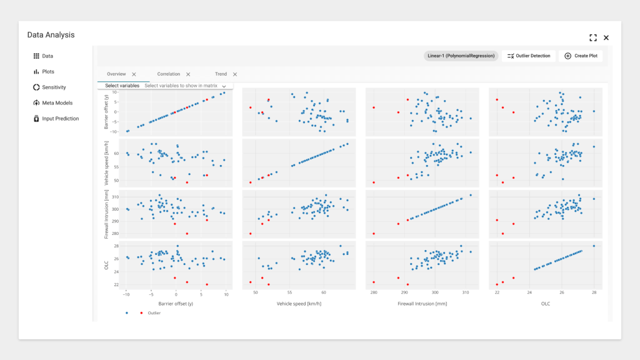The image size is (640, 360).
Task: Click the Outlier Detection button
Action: [529, 56]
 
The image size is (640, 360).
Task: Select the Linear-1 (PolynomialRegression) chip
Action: [461, 56]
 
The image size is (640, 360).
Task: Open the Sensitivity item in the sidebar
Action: [54, 87]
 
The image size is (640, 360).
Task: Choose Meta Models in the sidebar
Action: [57, 103]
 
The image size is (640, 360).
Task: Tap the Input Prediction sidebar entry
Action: [60, 119]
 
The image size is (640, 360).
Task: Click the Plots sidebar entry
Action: [47, 72]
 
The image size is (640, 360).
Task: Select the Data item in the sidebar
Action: [47, 56]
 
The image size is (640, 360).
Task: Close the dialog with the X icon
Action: [606, 37]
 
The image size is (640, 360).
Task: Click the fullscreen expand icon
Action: [592, 37]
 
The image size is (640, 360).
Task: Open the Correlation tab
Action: [169, 74]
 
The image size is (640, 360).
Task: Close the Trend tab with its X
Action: [235, 74]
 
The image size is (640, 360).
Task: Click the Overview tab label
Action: [116, 74]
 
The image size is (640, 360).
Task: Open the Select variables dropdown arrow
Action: [224, 86]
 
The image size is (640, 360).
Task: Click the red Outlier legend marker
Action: [141, 312]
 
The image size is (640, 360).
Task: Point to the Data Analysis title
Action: [51, 34]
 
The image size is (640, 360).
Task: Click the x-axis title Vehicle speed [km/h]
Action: [299, 304]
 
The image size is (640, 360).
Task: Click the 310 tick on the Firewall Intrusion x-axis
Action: [462, 292]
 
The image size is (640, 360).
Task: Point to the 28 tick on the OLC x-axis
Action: [594, 292]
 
